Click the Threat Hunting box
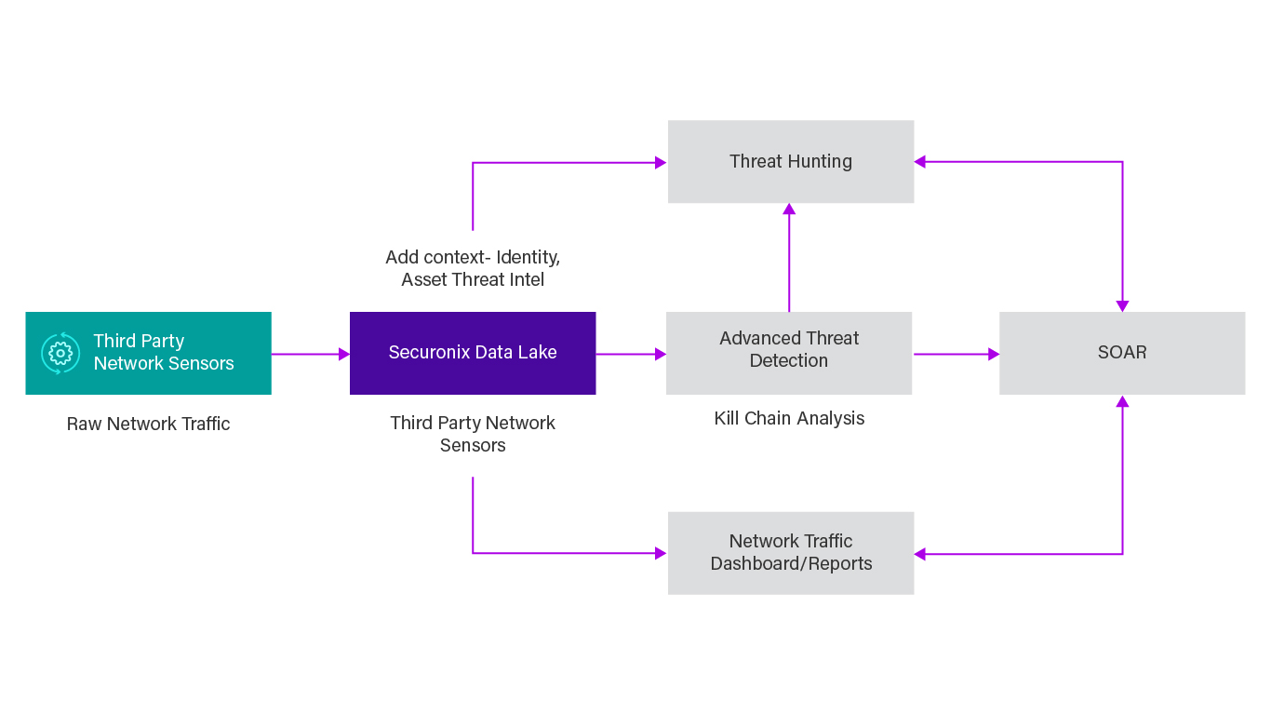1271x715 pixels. (791, 161)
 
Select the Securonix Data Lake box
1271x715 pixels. (473, 353)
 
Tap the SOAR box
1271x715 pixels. (1122, 353)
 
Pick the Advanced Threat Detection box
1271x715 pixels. (789, 353)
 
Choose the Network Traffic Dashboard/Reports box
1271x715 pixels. (791, 553)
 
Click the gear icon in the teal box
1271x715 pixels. (60, 353)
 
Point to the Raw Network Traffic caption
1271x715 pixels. (149, 424)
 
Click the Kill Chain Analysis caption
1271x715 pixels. (789, 418)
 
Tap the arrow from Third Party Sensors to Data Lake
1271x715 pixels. (310, 354)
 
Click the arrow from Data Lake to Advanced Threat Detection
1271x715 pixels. (631, 354)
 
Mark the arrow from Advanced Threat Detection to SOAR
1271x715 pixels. (956, 354)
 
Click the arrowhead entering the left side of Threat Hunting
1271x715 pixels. (661, 163)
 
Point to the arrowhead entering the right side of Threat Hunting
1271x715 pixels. (920, 162)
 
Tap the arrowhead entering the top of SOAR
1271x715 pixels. (1122, 305)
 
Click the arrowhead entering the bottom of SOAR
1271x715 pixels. (1122, 402)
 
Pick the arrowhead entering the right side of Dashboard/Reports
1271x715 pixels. (920, 554)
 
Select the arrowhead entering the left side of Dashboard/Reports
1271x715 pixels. (661, 553)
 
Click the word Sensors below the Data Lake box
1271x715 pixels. (473, 445)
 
